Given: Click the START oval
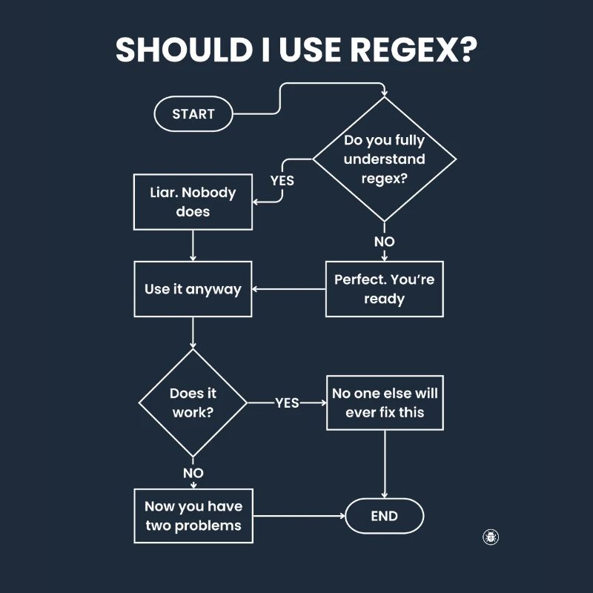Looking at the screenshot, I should click(193, 114).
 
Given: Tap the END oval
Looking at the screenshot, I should click(384, 516).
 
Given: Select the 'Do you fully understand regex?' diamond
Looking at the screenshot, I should click(384, 159).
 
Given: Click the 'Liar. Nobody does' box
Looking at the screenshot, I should click(193, 202).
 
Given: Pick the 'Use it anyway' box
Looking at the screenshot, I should click(193, 289).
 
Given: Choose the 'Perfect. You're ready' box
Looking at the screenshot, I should click(384, 289).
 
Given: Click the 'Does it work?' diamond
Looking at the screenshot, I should click(193, 403).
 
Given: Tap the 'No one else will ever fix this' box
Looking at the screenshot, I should click(384, 403).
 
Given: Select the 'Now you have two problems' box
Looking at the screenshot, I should click(193, 516).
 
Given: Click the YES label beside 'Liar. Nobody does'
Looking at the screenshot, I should click(282, 180).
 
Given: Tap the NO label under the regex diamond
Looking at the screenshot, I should click(384, 242).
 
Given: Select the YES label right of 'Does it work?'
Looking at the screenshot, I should click(287, 403).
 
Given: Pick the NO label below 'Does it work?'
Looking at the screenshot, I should click(193, 472).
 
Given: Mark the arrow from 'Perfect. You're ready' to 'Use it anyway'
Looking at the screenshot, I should click(289, 289).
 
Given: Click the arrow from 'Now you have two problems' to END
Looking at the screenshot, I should click(299, 516).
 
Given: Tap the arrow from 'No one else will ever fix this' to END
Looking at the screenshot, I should click(384, 463).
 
